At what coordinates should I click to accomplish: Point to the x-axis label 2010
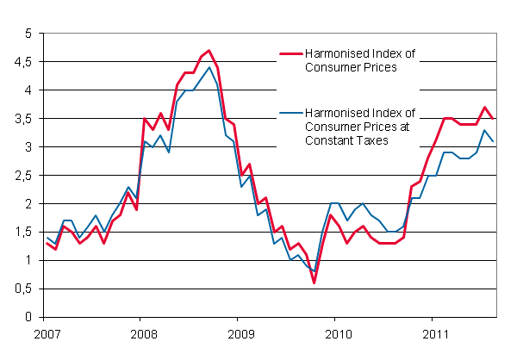pos(336,332)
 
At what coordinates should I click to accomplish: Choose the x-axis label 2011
pos(433,332)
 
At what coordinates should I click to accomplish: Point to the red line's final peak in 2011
pos(485,108)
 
